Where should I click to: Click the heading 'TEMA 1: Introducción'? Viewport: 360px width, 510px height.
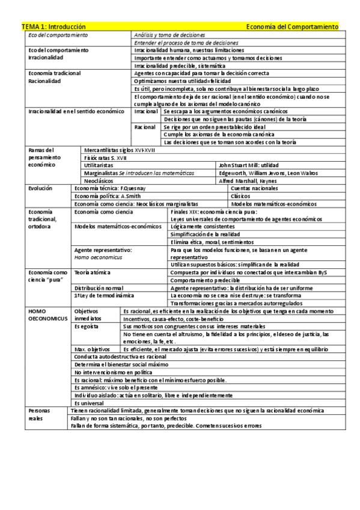click(x=53, y=26)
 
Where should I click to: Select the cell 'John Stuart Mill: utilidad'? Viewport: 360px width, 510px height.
click(x=248, y=164)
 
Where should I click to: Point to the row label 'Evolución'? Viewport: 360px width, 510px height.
click(x=40, y=188)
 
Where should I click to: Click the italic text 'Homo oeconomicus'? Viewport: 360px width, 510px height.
click(x=94, y=257)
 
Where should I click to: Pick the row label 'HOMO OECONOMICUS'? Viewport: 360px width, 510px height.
click(x=44, y=315)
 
